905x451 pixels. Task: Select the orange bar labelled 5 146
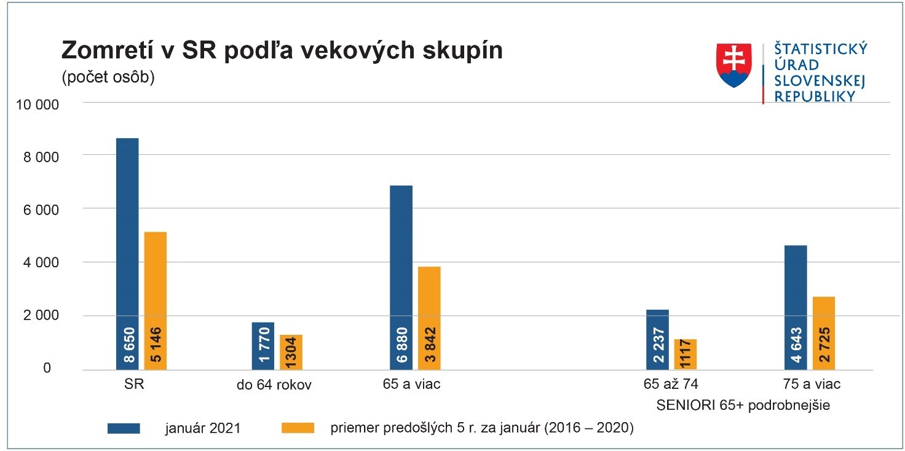pos(156,301)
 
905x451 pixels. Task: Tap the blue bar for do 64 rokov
pos(263,346)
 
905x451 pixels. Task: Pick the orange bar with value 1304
pos(291,352)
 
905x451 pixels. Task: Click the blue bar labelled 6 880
pos(401,278)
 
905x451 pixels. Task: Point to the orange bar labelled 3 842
pos(429,318)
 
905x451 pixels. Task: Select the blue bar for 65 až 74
pos(657,340)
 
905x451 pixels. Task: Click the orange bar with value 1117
pos(686,355)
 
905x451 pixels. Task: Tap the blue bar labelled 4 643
pos(796,307)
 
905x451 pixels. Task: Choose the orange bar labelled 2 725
pos(824,333)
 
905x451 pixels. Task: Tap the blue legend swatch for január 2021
pos(124,428)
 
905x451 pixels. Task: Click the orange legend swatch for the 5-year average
pos(298,428)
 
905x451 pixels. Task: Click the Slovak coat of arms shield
pos(734,65)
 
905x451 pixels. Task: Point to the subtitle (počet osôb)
pos(108,79)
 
